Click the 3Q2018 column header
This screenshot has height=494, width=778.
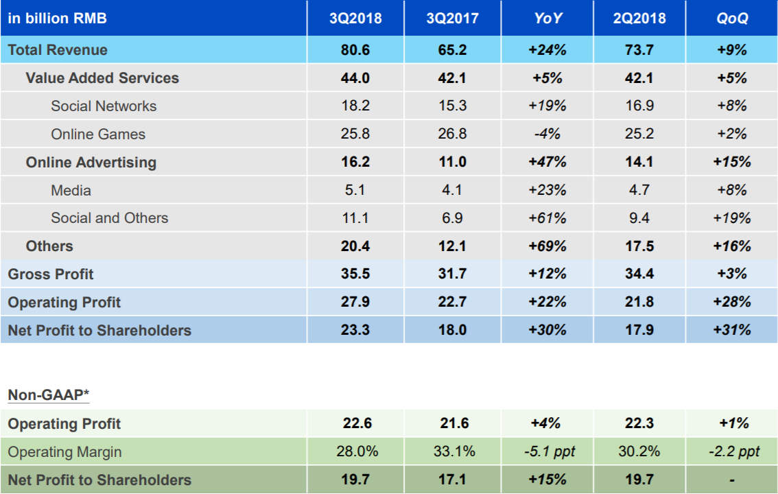click(355, 19)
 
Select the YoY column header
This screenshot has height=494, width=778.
click(548, 19)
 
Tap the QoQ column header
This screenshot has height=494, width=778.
click(732, 19)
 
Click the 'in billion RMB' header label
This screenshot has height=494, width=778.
click(58, 19)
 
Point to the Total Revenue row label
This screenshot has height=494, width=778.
click(58, 50)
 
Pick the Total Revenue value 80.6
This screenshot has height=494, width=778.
click(355, 50)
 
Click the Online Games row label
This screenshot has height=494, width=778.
click(98, 134)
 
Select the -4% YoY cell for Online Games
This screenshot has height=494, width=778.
click(548, 134)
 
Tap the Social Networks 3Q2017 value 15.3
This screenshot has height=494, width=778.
click(452, 106)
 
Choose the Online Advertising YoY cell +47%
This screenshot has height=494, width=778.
click(548, 162)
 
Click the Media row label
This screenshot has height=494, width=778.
click(71, 190)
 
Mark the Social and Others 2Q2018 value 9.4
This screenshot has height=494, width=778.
click(639, 218)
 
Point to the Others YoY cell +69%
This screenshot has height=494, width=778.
click(548, 246)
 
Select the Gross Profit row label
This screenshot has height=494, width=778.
click(51, 274)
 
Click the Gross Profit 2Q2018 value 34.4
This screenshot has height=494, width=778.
click(639, 274)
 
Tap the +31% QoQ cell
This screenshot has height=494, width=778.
click(732, 330)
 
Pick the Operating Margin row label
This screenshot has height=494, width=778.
click(64, 451)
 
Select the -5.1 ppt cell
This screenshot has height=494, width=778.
click(548, 451)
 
